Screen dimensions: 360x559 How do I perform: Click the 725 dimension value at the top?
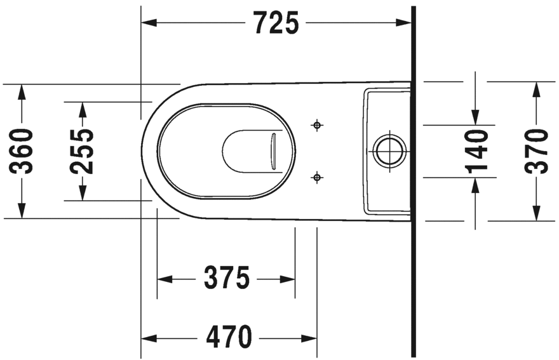tap(276, 23)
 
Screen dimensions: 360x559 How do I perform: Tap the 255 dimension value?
tap(82, 150)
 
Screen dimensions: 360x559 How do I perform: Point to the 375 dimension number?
tap(226, 278)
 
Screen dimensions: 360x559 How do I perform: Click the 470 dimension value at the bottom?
tap(229, 337)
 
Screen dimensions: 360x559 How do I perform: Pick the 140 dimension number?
tap(476, 150)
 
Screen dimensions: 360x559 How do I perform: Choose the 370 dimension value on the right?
tap(537, 150)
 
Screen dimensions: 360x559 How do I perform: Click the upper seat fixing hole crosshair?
tap(315, 125)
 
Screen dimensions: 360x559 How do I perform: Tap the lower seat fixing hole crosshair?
tap(315, 177)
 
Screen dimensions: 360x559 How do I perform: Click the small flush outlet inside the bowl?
tap(274, 151)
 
